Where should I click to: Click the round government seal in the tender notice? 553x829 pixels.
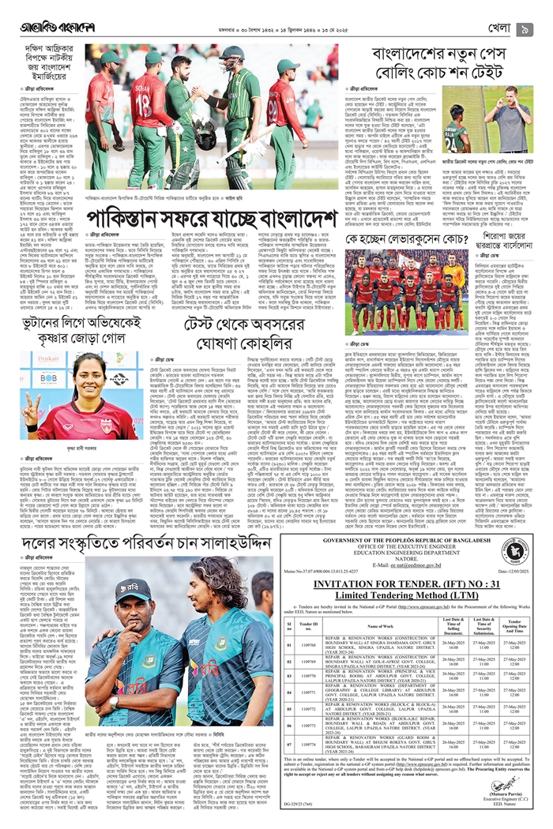coord(514,552)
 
